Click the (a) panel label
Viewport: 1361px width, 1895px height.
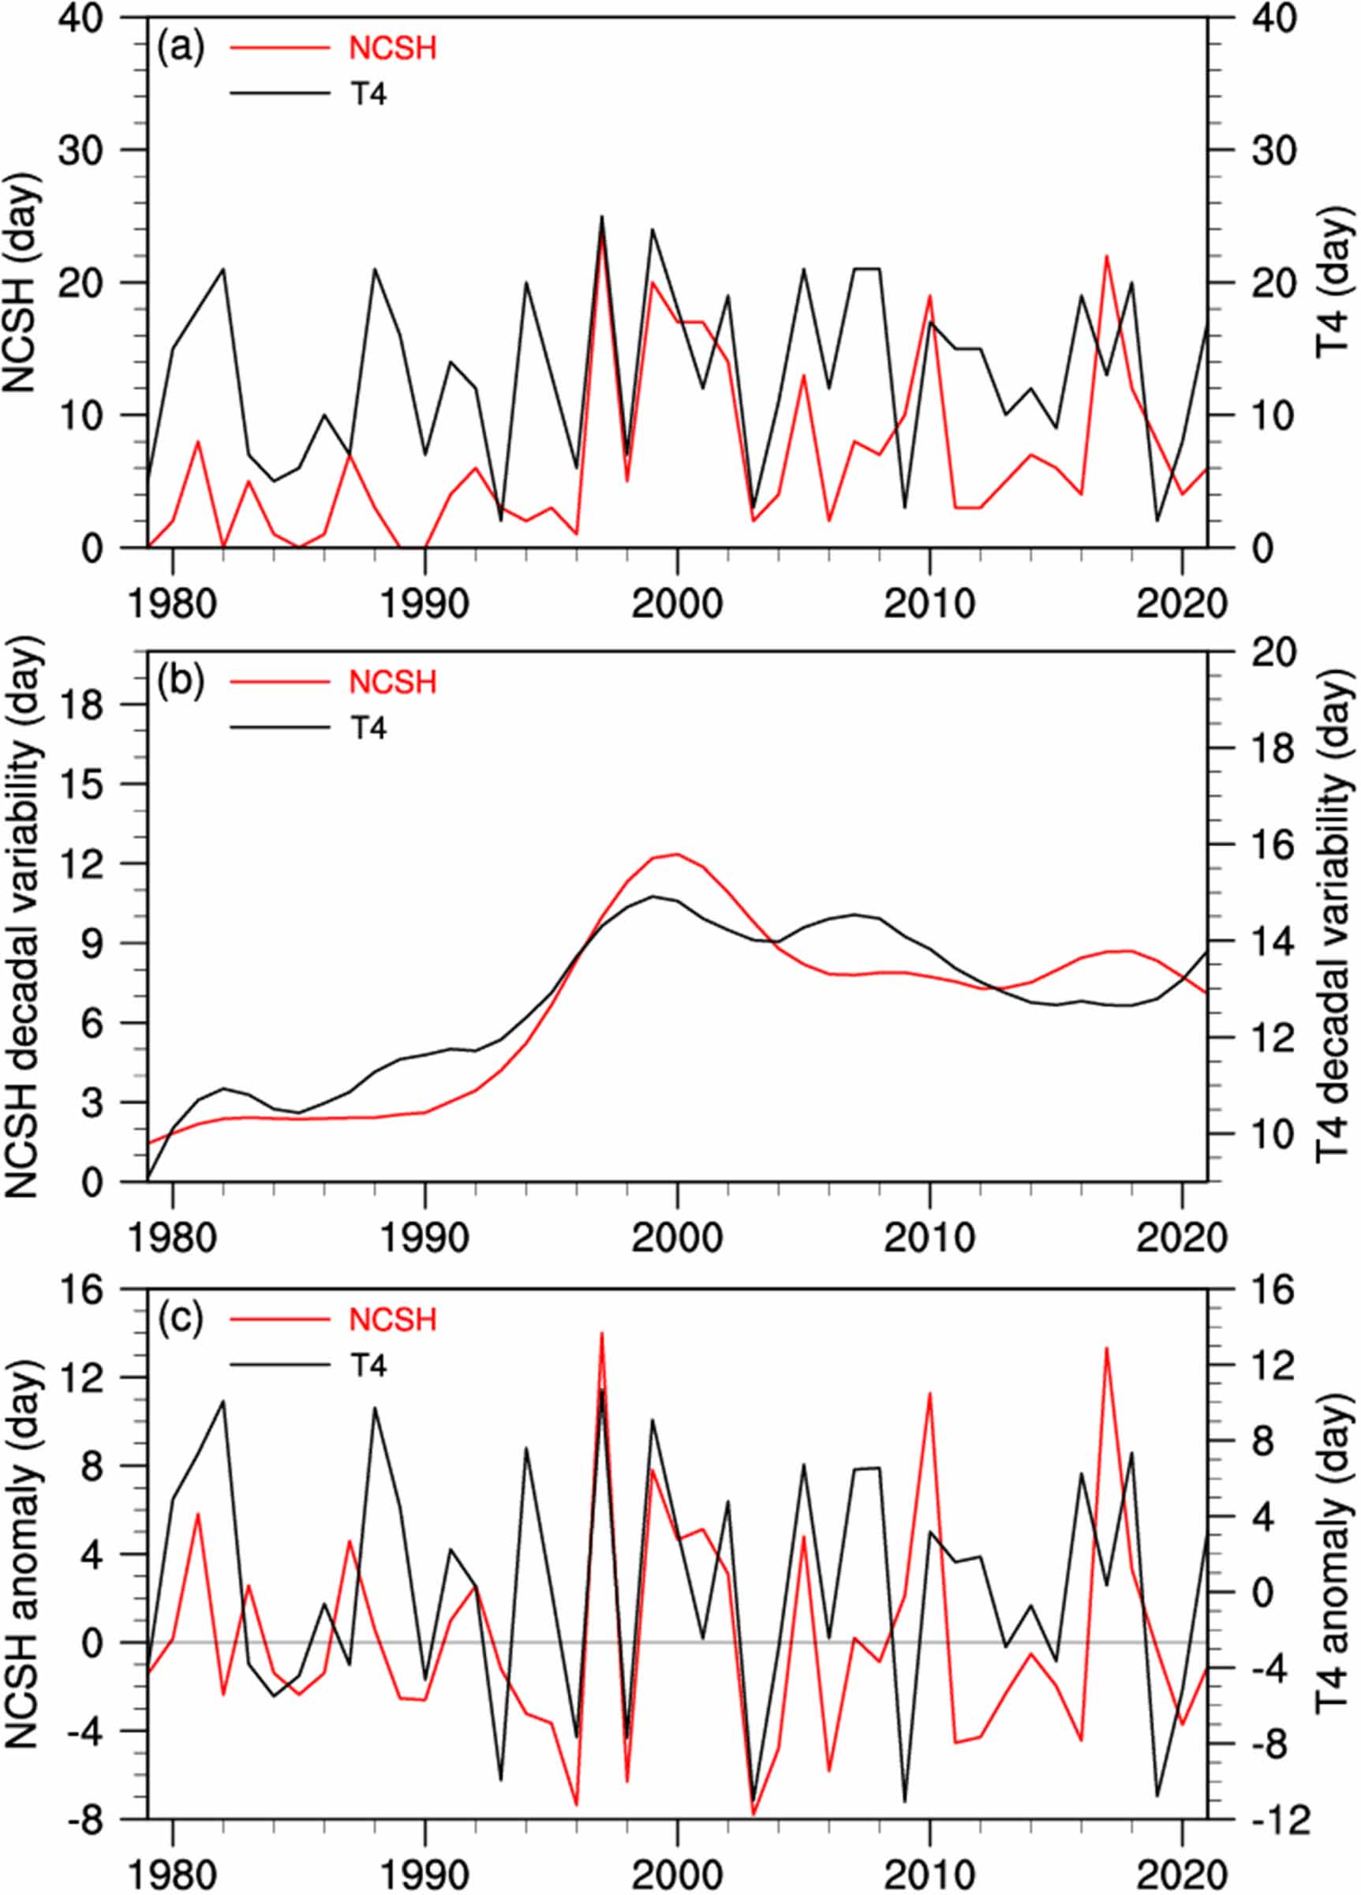tap(181, 48)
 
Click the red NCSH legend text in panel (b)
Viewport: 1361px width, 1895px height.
tap(392, 683)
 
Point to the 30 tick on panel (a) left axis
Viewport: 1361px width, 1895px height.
tap(91, 151)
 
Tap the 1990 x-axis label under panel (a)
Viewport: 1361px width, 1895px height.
tap(424, 603)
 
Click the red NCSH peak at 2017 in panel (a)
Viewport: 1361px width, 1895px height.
tap(1106, 257)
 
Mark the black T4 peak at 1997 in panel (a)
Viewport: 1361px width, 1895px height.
tap(601, 216)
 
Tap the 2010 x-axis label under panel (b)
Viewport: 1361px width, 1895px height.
tap(929, 1238)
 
